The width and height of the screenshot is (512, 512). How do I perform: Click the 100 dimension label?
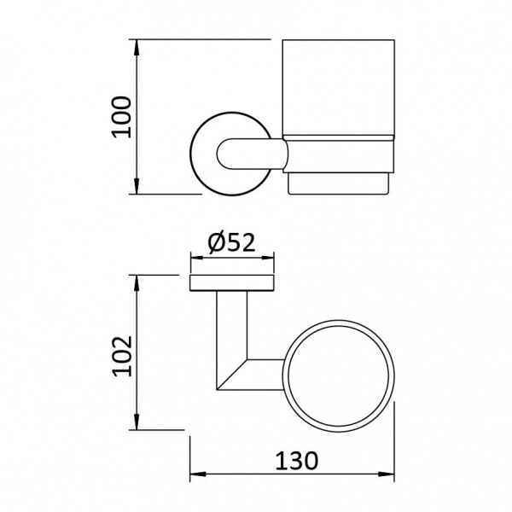coord(121,117)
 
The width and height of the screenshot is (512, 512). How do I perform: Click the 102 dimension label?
coord(122,356)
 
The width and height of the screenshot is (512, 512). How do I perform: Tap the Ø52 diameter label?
coord(231,242)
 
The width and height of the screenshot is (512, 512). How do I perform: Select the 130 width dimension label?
coord(296,462)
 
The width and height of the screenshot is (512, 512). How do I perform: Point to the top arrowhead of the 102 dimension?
coord(137,283)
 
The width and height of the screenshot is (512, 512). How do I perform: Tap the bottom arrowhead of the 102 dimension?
coord(137,422)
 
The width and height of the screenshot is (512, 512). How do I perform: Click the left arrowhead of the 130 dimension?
coord(198,474)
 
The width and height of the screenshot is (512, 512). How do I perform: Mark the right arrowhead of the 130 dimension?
coord(387,474)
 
